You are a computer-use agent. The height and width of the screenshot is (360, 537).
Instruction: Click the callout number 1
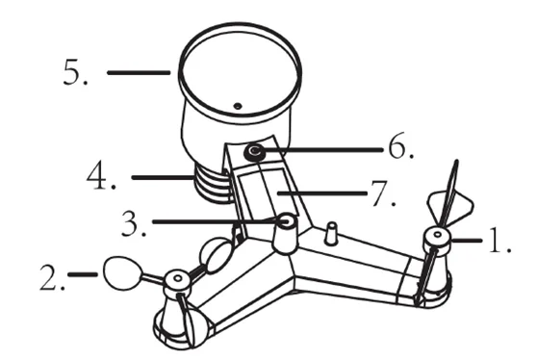[x=497, y=241]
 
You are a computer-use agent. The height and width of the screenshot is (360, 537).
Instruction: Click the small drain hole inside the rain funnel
[x=238, y=106]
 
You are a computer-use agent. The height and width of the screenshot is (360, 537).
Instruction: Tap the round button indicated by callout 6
[x=255, y=151]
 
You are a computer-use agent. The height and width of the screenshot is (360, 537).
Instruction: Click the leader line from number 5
[x=139, y=72]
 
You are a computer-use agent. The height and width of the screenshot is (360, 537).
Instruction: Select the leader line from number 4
[x=163, y=177]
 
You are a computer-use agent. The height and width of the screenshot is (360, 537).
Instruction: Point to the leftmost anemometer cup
[x=122, y=273]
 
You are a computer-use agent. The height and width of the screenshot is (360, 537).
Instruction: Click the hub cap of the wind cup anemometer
[x=177, y=279]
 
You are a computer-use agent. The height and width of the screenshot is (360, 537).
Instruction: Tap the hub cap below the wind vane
[x=437, y=237]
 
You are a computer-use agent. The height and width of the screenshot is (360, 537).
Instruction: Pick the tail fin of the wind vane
[x=450, y=206]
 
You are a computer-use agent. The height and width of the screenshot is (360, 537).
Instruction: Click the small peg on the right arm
[x=331, y=233]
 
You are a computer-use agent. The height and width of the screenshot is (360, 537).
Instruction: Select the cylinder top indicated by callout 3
[x=287, y=221]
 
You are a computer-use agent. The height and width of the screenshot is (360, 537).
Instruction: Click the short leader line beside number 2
[x=83, y=274]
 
